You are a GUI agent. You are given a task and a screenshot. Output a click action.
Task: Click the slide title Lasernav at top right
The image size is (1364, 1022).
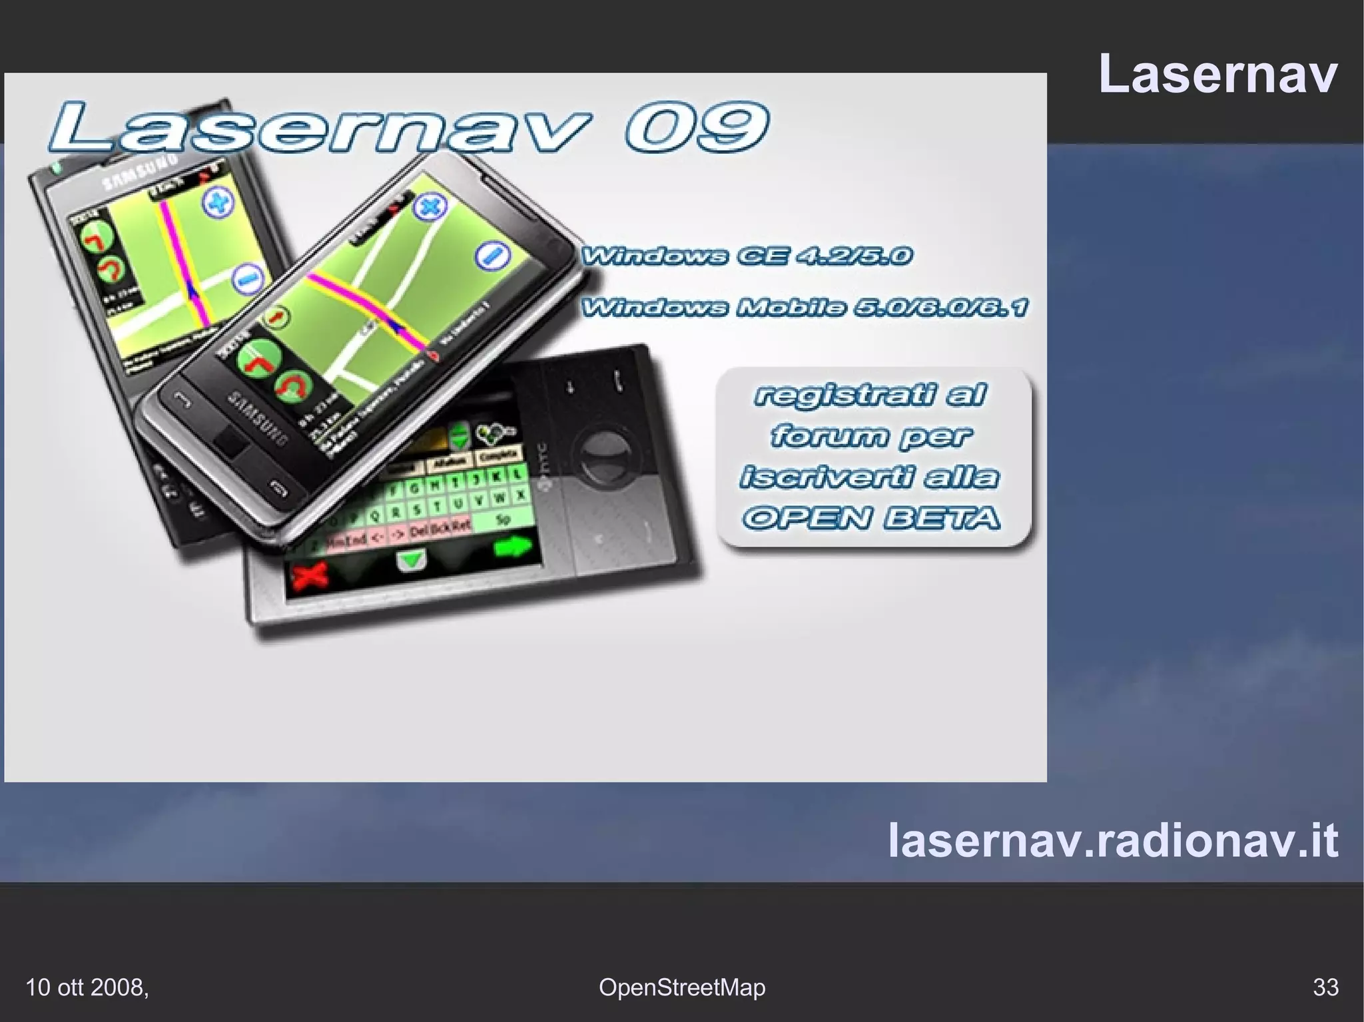[1217, 74]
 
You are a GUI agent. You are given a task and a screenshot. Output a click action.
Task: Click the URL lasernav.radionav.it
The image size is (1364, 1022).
[1113, 840]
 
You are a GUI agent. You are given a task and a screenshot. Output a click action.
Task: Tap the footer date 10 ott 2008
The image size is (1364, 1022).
[87, 987]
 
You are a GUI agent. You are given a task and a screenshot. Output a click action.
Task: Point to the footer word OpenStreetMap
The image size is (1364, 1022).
[682, 987]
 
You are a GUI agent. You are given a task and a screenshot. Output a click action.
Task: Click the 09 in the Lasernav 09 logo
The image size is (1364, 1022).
[696, 127]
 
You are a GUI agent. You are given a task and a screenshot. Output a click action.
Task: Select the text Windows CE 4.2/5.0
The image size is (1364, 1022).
[746, 256]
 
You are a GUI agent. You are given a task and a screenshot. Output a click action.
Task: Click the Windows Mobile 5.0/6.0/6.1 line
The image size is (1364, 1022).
[805, 307]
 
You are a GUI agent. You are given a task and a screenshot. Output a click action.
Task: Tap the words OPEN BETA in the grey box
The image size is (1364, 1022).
[871, 518]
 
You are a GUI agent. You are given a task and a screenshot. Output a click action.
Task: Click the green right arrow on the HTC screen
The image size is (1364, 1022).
[513, 547]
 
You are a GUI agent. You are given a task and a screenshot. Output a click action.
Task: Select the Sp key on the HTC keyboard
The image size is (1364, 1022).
[503, 519]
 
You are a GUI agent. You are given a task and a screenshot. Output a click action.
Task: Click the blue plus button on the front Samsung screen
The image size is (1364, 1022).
[430, 206]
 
